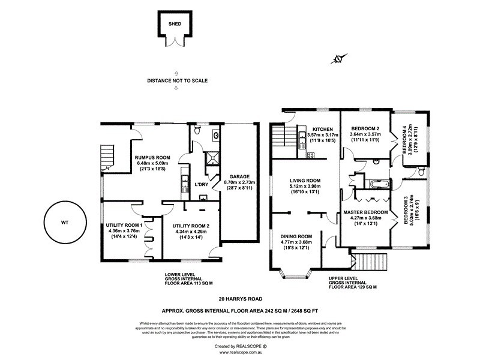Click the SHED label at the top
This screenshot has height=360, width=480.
click(x=175, y=25)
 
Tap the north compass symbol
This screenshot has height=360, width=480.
click(x=338, y=59)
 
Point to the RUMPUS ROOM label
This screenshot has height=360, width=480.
click(x=151, y=157)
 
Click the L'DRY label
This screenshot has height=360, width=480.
click(x=201, y=184)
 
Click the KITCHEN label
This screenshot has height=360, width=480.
click(x=322, y=129)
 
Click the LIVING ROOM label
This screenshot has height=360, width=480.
click(x=305, y=181)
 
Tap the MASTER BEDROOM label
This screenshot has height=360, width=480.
click(x=365, y=212)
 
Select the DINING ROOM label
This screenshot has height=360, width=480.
click(x=297, y=236)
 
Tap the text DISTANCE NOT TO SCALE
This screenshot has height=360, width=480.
click(x=177, y=80)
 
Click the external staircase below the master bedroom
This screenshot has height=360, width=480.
click(x=362, y=262)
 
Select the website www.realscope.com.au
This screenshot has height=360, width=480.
click(x=240, y=353)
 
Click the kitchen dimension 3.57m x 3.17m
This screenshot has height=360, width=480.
click(x=322, y=135)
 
